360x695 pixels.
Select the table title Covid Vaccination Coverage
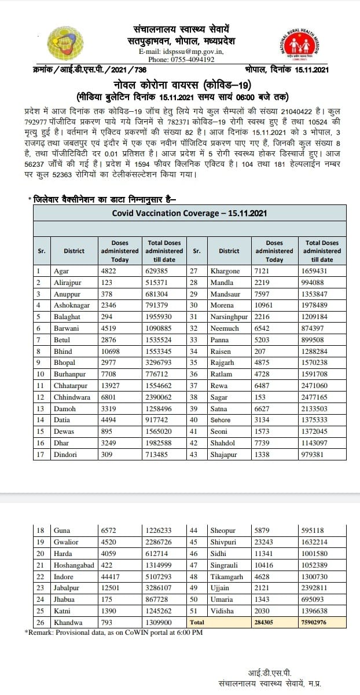[189, 213]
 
